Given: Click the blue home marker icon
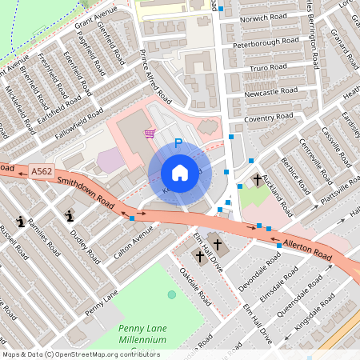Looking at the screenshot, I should pyautogui.click(x=180, y=173).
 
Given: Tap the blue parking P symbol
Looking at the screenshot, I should pyautogui.click(x=178, y=144).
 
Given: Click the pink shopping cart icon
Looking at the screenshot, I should pyautogui.click(x=149, y=134).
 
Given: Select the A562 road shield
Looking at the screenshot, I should pyautogui.click(x=42, y=171).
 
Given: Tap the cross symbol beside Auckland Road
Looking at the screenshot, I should pyautogui.click(x=258, y=180).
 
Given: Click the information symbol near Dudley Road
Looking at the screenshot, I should pyautogui.click(x=70, y=214).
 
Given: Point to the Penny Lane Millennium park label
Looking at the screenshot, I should pyautogui.click(x=142, y=334).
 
